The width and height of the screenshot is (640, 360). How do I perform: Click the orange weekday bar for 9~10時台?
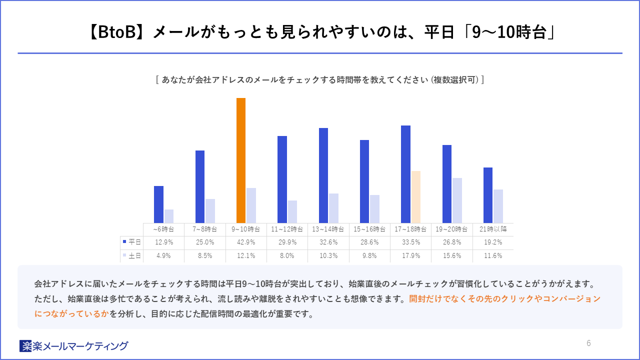click(x=241, y=160)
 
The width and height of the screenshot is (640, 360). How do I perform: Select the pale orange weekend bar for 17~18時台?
click(x=415, y=197)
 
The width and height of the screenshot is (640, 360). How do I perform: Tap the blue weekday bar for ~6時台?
click(x=158, y=204)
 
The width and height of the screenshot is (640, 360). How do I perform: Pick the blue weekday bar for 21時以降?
click(x=488, y=195)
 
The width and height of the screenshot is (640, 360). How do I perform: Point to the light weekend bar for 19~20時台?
click(x=457, y=200)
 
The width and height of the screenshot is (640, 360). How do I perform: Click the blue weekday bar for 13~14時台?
click(x=323, y=175)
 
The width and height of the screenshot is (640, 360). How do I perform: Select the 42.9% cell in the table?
click(x=246, y=242)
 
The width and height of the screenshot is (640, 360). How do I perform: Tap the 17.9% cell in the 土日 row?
click(x=411, y=255)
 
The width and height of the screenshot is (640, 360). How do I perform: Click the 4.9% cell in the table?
click(x=163, y=255)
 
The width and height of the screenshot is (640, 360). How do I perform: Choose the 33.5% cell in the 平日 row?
click(x=411, y=242)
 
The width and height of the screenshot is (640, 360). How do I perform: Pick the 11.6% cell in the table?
click(x=493, y=255)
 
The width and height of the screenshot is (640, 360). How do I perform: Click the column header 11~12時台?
click(x=287, y=229)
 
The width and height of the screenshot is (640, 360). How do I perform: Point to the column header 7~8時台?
click(x=205, y=229)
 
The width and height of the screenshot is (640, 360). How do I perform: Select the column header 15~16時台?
click(x=369, y=229)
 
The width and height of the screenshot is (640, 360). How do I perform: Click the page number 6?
click(x=588, y=343)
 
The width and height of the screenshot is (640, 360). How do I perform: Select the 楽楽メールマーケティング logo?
click(x=73, y=346)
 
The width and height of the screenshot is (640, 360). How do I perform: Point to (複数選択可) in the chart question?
click(x=455, y=79)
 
